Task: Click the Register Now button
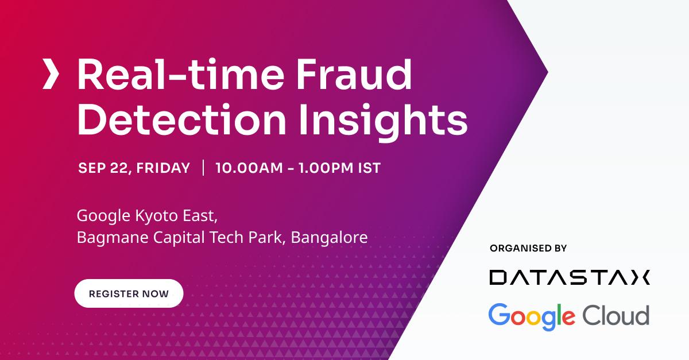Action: (x=129, y=293)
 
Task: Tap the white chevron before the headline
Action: (x=51, y=75)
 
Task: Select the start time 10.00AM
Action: (x=248, y=168)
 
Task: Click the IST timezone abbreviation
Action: (x=369, y=168)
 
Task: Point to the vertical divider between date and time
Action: (x=203, y=168)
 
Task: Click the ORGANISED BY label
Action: (x=528, y=248)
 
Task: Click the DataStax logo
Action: (x=569, y=277)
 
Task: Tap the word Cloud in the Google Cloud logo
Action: (x=616, y=315)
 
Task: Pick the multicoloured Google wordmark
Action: (x=532, y=316)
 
